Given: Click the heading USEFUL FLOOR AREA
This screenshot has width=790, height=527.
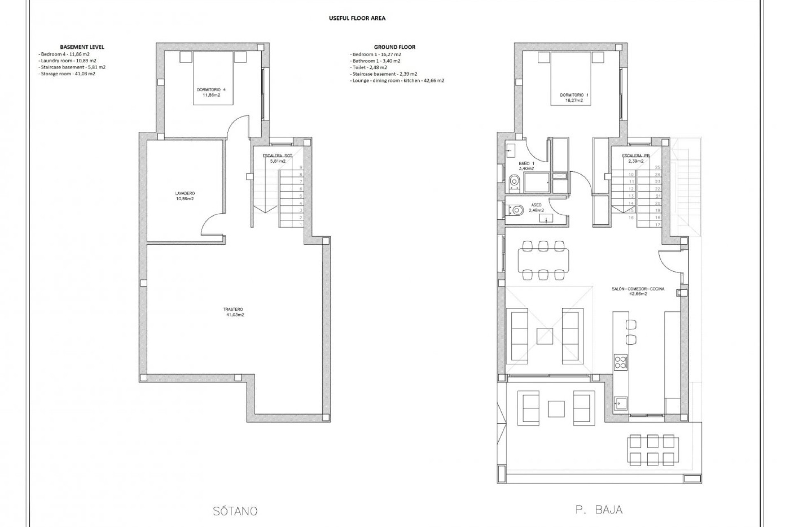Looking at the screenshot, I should [357, 18].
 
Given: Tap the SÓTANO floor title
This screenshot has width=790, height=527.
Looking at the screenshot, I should [235, 511].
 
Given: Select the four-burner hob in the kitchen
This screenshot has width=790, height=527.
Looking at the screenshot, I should [620, 362].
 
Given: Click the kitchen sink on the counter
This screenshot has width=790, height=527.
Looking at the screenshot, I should [620, 404].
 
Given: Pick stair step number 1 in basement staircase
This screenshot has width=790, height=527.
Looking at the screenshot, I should [301, 224].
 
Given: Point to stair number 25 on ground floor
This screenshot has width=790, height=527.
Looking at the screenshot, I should [657, 168].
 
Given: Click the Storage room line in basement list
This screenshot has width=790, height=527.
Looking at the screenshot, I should [67, 74].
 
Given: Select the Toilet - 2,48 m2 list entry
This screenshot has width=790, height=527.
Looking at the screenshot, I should [369, 67].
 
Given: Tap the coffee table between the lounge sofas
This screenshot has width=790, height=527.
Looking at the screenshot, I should [545, 336].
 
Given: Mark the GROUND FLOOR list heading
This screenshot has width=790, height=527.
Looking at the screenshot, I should [394, 47].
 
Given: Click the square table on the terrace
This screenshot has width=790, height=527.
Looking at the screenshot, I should [556, 409].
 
